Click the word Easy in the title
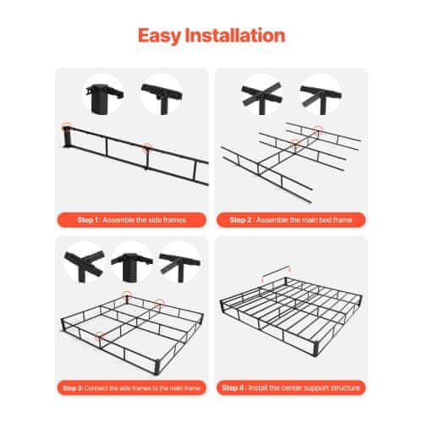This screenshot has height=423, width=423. (x=159, y=36)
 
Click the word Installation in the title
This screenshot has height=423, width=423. (x=235, y=36)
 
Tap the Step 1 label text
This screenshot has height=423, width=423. (x=132, y=220)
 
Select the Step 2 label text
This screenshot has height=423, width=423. (x=291, y=220)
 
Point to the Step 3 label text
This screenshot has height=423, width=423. (x=131, y=388)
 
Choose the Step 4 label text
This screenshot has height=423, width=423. (x=291, y=388)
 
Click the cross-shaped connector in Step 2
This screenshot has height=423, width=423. (x=261, y=94)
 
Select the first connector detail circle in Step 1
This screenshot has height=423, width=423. (x=103, y=94)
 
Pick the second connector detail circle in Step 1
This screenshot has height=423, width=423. (x=162, y=94)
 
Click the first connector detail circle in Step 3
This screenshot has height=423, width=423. (x=85, y=262)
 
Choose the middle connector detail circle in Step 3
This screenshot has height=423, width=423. (x=132, y=262)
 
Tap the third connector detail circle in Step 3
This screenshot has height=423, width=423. (x=179, y=262)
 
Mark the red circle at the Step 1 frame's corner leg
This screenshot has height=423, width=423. (x=67, y=127)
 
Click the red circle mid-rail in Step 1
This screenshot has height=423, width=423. (x=147, y=148)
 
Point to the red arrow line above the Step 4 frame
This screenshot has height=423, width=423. (x=276, y=272)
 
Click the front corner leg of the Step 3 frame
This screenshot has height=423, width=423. (x=158, y=367)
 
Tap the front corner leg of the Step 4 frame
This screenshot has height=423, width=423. (x=316, y=349)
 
